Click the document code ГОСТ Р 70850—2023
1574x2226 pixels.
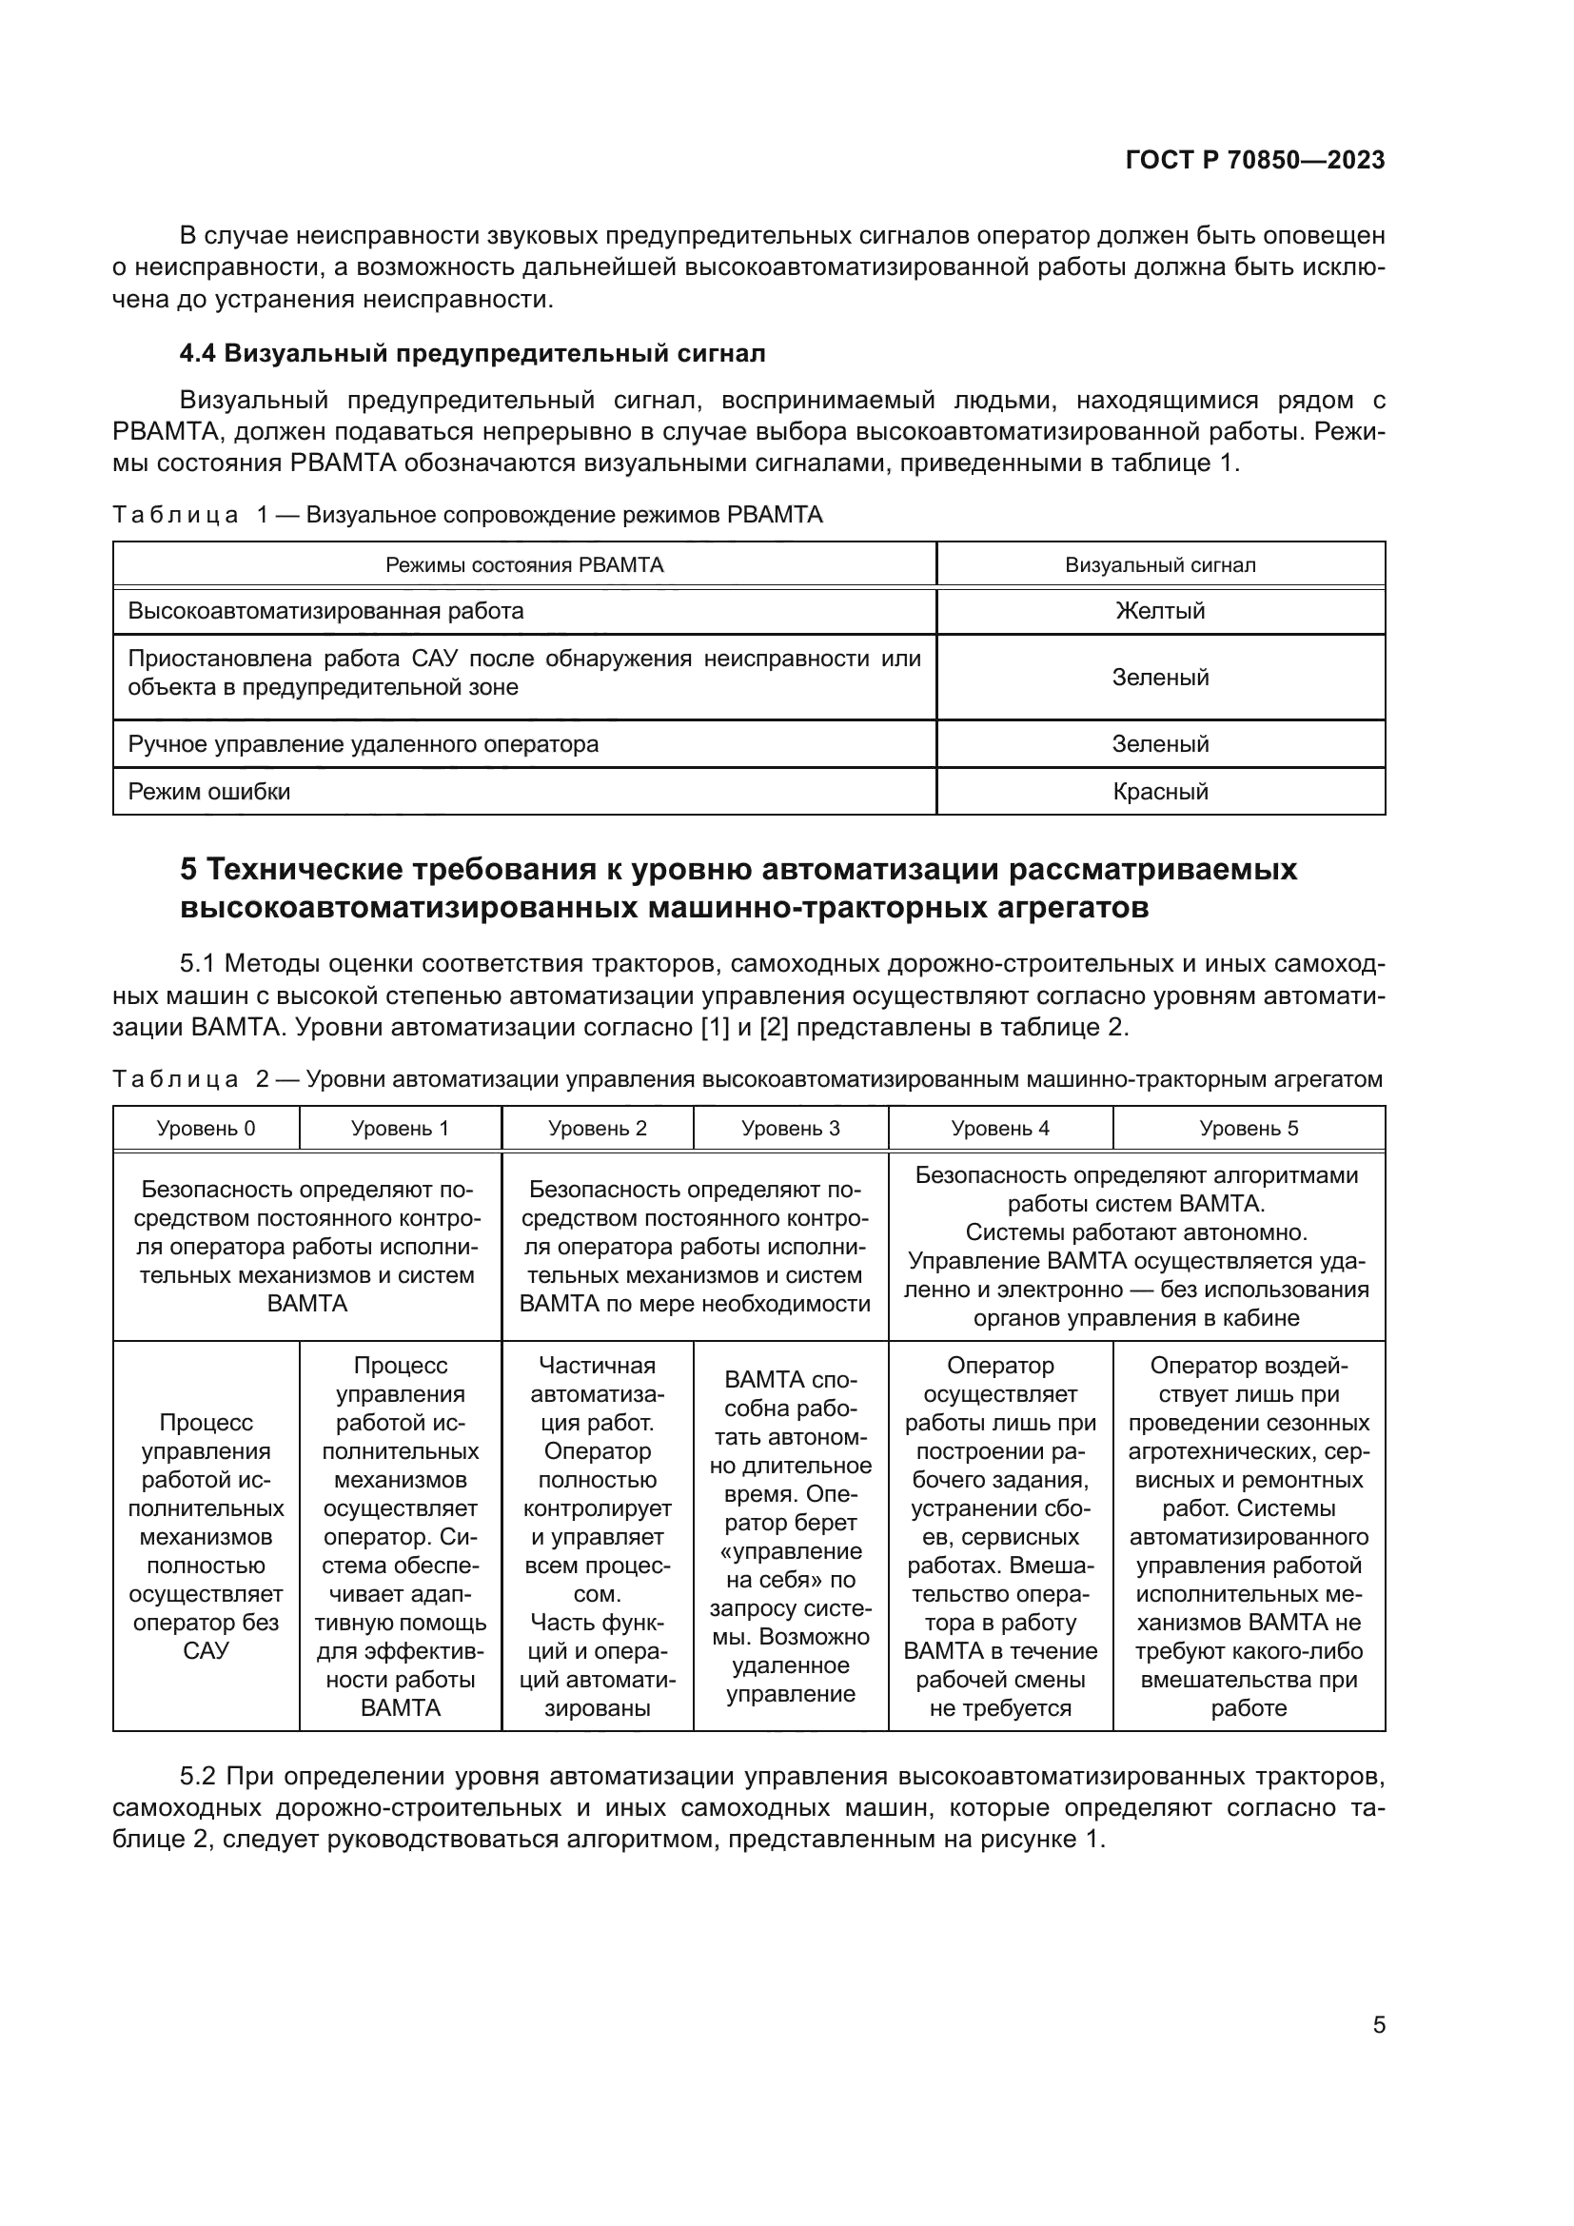pos(1255,161)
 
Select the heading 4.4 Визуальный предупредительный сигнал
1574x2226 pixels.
pos(472,354)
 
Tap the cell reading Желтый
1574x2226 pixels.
pos(1160,611)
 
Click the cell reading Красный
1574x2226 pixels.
pos(1160,792)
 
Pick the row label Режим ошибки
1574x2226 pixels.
pos(209,792)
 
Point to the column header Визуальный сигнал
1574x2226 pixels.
pos(1160,565)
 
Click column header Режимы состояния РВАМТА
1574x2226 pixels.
pos(524,565)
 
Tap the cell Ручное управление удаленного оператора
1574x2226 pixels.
pos(364,744)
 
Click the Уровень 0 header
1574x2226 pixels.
pos(206,1129)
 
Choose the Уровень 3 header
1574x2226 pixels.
pos(790,1129)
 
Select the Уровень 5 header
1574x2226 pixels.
pos(1249,1129)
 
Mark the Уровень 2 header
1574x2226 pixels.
pos(597,1129)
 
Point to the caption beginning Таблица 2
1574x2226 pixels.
pos(746,1080)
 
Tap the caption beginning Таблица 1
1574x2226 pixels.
pos(467,515)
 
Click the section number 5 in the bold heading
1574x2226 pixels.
pos(188,870)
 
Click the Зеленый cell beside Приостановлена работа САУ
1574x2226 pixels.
pos(1160,678)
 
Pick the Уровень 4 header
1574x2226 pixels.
pos(1000,1129)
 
